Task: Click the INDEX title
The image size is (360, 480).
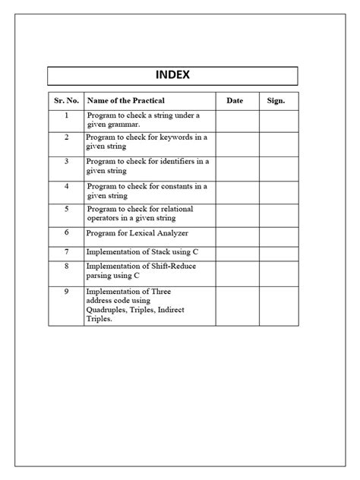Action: point(172,75)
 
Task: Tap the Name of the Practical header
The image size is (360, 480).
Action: point(126,101)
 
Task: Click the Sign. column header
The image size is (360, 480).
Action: point(276,101)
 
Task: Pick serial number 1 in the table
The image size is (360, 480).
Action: point(66,115)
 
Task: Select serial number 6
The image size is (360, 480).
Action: point(66,232)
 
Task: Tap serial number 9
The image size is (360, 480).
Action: point(66,291)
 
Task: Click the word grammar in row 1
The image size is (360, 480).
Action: point(124,125)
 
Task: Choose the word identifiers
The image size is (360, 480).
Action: point(178,161)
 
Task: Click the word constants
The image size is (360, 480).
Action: point(174,185)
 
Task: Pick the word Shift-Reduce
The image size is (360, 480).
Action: point(169,267)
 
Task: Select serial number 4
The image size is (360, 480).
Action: point(66,185)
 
